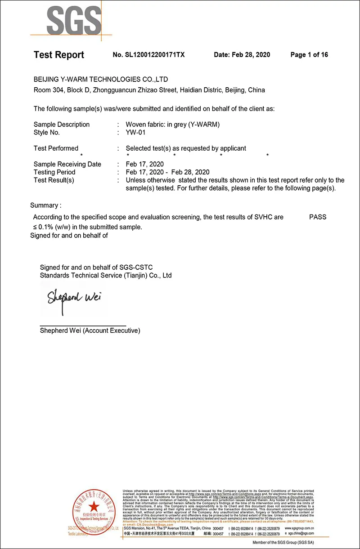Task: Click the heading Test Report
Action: click(59, 55)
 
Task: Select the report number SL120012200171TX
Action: click(148, 55)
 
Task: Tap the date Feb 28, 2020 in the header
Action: click(251, 55)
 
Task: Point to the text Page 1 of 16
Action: click(309, 55)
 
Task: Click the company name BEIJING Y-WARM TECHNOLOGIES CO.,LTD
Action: click(101, 79)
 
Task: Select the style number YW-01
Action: click(136, 133)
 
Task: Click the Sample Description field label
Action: click(62, 125)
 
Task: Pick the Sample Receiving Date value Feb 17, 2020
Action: click(145, 164)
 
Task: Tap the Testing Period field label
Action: click(54, 172)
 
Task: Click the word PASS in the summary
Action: click(318, 217)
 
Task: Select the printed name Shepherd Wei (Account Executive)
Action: click(90, 330)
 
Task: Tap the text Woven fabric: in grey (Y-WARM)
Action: click(173, 125)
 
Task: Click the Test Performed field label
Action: click(56, 148)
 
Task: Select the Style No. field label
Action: click(47, 133)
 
